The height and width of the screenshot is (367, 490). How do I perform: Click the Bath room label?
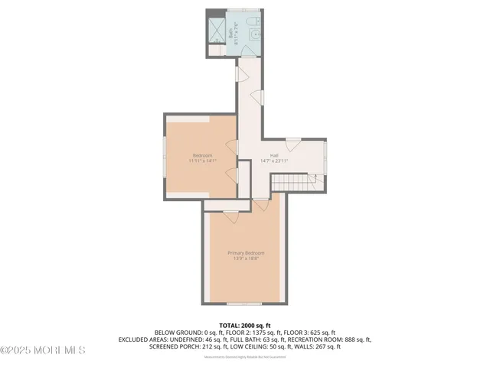[x=233, y=34]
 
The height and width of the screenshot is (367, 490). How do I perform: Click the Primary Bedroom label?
[x=246, y=253]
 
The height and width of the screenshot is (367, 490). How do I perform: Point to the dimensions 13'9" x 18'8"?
[x=246, y=259]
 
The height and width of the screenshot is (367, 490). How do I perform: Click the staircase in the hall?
[x=295, y=182]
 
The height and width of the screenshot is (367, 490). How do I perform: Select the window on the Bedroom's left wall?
[x=164, y=156]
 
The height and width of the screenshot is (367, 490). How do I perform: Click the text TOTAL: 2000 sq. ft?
[x=245, y=325]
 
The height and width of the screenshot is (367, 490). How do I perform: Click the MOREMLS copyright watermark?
[x=43, y=350]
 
